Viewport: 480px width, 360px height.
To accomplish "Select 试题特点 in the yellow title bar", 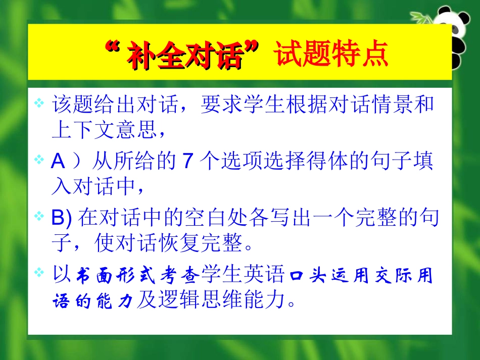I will pyautogui.click(x=331, y=55).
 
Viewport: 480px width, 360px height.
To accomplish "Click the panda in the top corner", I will pyautogui.click(x=458, y=35).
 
